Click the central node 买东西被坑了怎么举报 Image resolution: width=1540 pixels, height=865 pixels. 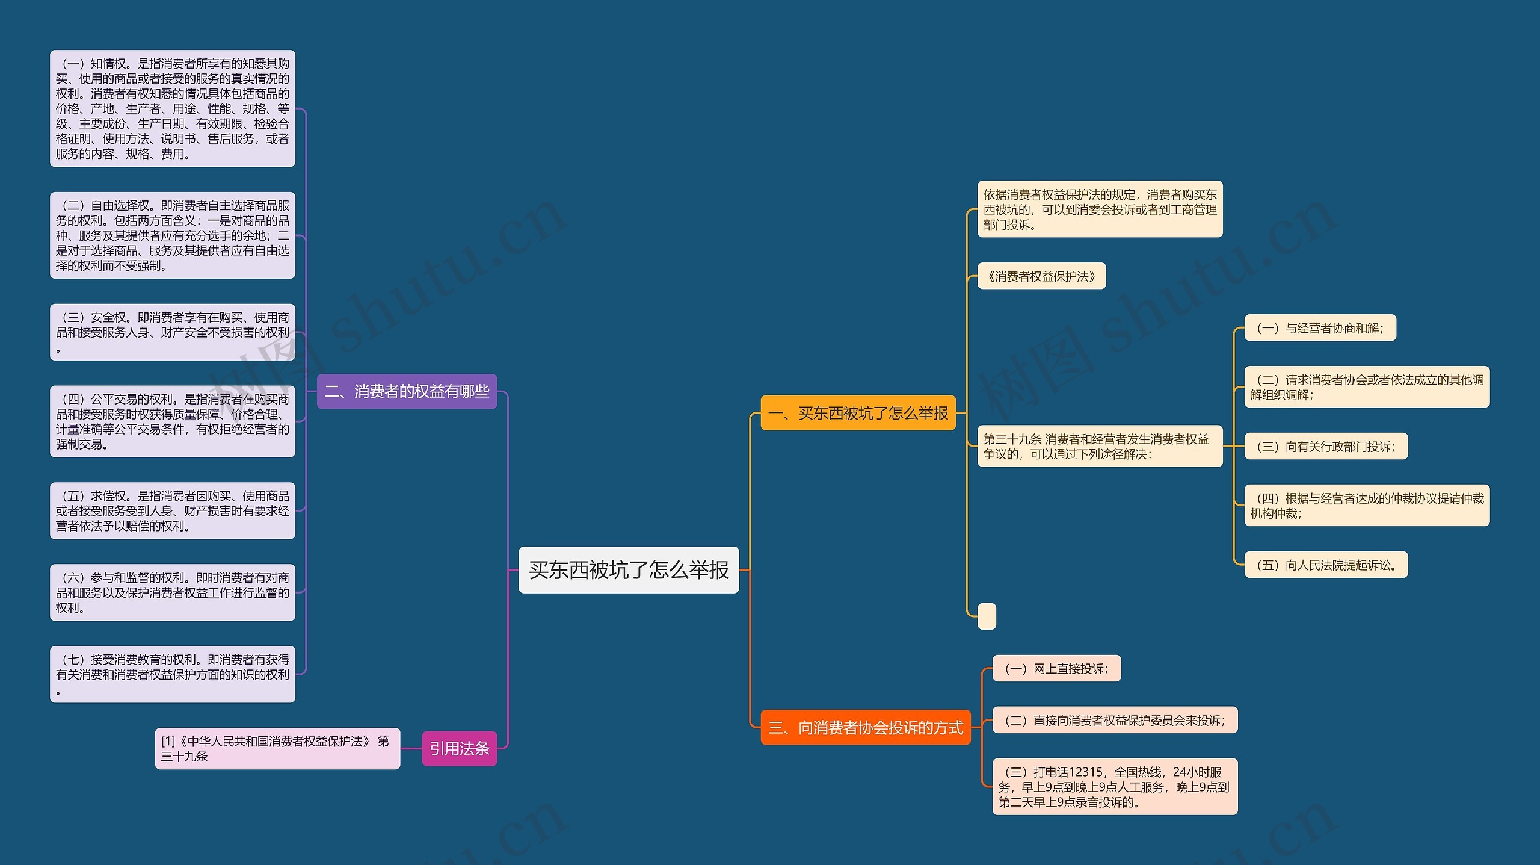629,569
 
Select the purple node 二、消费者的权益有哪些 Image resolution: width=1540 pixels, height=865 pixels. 407,391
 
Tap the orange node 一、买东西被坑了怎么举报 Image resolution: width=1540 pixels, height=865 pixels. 858,413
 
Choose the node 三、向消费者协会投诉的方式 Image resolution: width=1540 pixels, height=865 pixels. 865,728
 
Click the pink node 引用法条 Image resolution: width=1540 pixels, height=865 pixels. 459,748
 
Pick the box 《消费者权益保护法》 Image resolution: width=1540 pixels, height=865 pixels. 1041,276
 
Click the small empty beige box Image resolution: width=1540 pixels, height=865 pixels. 987,616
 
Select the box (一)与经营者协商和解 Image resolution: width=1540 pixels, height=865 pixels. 1320,328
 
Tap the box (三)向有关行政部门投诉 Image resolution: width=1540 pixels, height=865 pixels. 1326,446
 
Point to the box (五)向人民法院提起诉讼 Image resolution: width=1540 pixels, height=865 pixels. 1326,565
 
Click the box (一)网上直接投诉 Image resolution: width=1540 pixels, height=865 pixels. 1056,668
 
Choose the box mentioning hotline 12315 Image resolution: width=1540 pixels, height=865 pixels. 1115,786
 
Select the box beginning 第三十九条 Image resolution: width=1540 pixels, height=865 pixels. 1100,446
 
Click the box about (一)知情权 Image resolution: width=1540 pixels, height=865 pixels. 173,108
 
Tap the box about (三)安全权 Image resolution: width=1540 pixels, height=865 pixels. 173,332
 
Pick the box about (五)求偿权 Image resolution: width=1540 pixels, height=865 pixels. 173,510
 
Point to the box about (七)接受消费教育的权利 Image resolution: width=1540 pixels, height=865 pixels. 173,674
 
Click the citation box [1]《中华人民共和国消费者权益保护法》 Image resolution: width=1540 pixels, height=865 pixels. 277,748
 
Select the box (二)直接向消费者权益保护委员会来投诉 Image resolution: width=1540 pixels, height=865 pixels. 1115,720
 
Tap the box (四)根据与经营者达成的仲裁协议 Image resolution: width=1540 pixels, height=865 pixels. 1367,506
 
